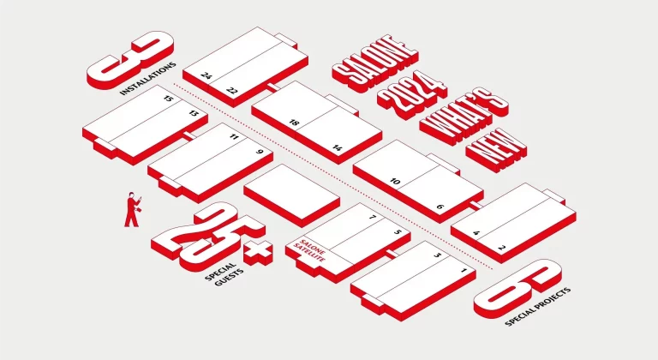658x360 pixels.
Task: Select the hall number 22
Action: pyautogui.click(x=231, y=89)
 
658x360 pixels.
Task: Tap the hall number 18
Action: pyautogui.click(x=294, y=124)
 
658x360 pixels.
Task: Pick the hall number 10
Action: pyautogui.click(x=395, y=181)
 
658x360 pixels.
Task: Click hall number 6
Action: pyautogui.click(x=439, y=207)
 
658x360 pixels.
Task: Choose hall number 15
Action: pyautogui.click(x=169, y=99)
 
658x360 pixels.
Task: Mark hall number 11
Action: pyautogui.click(x=233, y=137)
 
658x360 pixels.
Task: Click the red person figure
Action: pyautogui.click(x=132, y=209)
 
